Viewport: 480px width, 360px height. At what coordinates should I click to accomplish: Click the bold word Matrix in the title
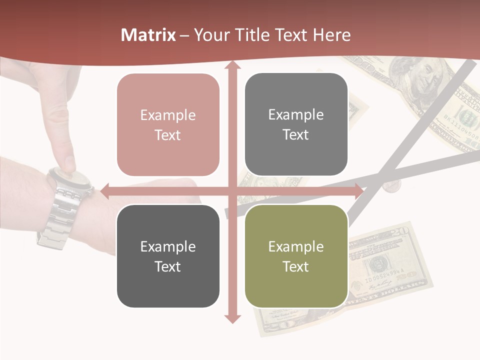pyautogui.click(x=148, y=35)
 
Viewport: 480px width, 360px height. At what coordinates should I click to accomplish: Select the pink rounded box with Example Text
pyautogui.click(x=168, y=125)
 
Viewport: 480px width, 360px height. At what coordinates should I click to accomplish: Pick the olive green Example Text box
pyautogui.click(x=296, y=256)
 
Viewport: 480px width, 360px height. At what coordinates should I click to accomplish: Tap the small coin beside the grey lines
pyautogui.click(x=391, y=186)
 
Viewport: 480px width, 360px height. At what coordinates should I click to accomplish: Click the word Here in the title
pyautogui.click(x=332, y=35)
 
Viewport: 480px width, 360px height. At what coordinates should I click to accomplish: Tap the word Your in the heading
pyautogui.click(x=212, y=35)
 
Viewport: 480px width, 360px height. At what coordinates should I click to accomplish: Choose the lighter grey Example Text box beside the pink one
pyautogui.click(x=296, y=125)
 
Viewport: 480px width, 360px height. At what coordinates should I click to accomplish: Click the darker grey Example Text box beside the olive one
pyautogui.click(x=168, y=256)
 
